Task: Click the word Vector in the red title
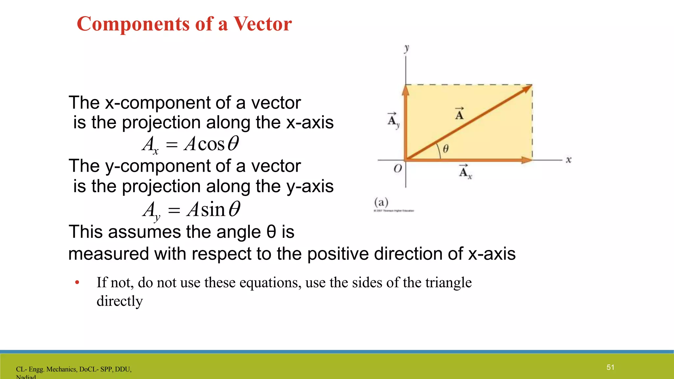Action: tap(262, 24)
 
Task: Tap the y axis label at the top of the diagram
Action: tap(407, 48)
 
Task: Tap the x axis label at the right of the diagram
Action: tap(568, 160)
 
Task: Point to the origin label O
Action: tap(398, 168)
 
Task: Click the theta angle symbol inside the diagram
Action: tap(446, 149)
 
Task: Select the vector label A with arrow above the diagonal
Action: tap(459, 114)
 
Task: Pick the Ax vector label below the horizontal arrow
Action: tap(465, 171)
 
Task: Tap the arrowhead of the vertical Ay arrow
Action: tap(406, 90)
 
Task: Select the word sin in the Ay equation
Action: tap(213, 210)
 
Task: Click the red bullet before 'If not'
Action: tap(77, 282)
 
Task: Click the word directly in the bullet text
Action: tap(119, 301)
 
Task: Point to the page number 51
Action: tap(610, 367)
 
